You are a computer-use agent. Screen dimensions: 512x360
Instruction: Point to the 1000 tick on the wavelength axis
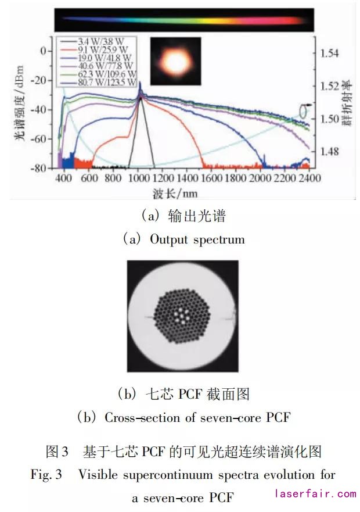click(x=139, y=178)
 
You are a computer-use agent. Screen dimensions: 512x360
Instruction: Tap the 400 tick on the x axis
click(x=64, y=178)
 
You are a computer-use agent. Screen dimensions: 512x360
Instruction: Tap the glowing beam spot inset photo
click(x=175, y=60)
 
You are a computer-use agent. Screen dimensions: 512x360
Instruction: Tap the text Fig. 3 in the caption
click(x=46, y=475)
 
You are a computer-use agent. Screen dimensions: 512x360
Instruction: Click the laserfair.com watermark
click(x=315, y=494)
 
